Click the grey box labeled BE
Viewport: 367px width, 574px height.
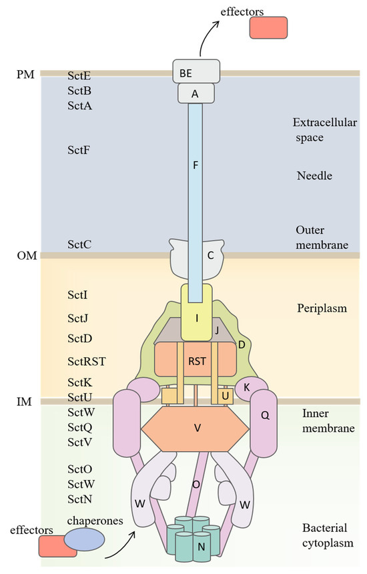(196, 70)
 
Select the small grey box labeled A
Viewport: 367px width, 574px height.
(196, 93)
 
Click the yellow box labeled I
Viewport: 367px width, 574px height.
(197, 317)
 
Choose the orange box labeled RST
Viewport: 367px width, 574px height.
(196, 361)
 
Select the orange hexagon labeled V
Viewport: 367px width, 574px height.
(197, 428)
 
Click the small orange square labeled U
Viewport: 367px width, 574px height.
(226, 396)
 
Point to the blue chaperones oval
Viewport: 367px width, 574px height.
(83, 539)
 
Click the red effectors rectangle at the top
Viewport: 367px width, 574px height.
(268, 27)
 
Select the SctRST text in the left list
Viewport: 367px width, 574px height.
(87, 361)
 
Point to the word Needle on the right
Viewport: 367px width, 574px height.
(314, 176)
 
